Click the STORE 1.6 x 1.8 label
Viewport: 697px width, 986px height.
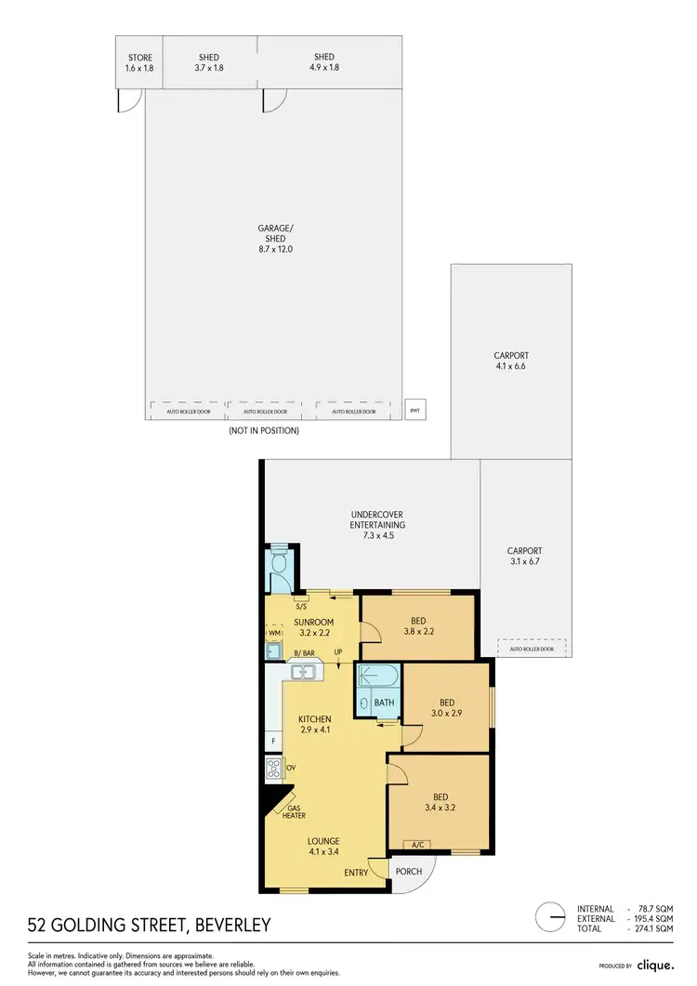pyautogui.click(x=139, y=62)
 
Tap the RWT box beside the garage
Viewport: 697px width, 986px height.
pyautogui.click(x=414, y=409)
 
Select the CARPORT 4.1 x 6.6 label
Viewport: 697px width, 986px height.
pyautogui.click(x=510, y=361)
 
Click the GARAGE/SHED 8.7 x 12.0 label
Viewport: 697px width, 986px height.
pyautogui.click(x=272, y=239)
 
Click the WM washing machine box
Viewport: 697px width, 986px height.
pyautogui.click(x=274, y=633)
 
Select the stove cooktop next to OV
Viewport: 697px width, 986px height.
pyautogui.click(x=273, y=768)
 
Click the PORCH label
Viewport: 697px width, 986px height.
pyautogui.click(x=409, y=872)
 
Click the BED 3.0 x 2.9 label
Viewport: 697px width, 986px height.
pyautogui.click(x=447, y=708)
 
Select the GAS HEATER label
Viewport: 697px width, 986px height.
pyautogui.click(x=294, y=812)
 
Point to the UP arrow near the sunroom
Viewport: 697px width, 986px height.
pyautogui.click(x=338, y=652)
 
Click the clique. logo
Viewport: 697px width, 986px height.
pyautogui.click(x=654, y=965)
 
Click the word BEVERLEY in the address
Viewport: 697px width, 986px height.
pyautogui.click(x=231, y=925)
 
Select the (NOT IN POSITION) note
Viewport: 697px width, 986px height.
pyautogui.click(x=264, y=431)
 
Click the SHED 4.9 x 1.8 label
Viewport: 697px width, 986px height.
pyautogui.click(x=324, y=62)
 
